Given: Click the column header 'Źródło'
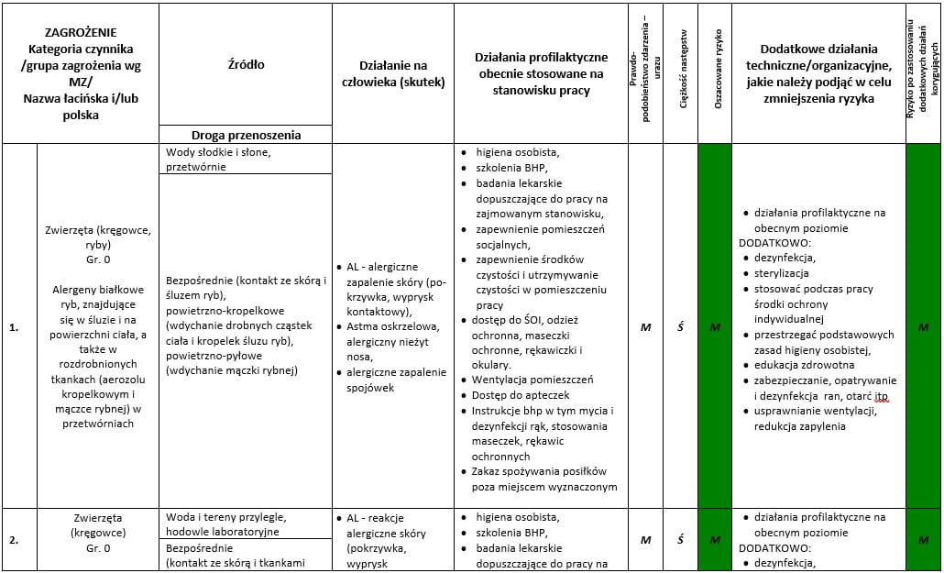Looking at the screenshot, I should coord(246,64).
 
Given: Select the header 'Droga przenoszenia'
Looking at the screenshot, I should coord(246,135).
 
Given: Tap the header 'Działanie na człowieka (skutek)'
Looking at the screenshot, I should coord(393,73).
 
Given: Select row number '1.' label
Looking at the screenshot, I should coord(15,327).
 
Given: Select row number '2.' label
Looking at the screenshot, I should coord(15,540).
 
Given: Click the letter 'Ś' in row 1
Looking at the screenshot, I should coord(680,327).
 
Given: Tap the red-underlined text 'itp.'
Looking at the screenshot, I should coord(881,396).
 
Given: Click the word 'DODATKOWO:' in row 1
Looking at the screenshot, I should coord(773,243).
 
